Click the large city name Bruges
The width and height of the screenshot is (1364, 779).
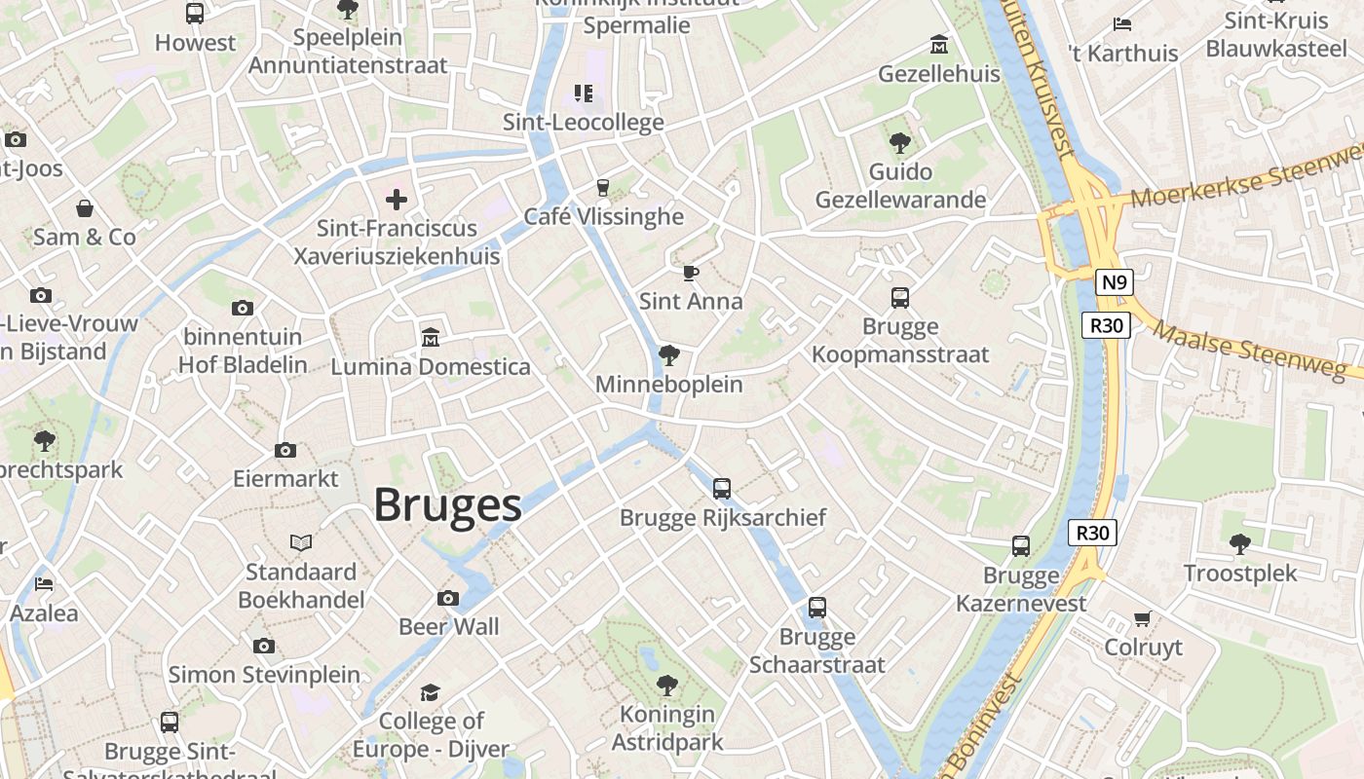point(447,505)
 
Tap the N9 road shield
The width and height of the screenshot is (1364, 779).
point(1114,283)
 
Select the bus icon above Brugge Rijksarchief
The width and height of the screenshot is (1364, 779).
point(722,488)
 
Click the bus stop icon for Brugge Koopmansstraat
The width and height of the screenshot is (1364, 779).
point(900,298)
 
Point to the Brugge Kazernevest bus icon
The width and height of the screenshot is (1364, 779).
point(1021,546)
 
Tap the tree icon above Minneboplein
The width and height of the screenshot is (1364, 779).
point(668,355)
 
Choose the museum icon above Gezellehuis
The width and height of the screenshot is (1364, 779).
point(939,45)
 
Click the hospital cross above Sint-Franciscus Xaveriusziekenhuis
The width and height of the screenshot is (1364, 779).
point(397,200)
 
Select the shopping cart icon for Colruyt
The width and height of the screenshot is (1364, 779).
point(1143,618)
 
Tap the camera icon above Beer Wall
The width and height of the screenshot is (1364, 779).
point(448,598)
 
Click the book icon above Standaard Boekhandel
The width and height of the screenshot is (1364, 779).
point(301,542)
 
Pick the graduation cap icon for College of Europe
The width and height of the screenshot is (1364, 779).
point(430,692)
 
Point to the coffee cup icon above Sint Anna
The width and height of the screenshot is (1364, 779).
point(691,273)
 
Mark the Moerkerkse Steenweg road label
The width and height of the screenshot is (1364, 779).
point(1247,181)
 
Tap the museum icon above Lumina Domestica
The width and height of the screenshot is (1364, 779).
point(430,337)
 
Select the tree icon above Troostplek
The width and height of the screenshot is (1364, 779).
point(1240,543)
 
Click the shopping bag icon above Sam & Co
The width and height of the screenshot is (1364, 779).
point(85,208)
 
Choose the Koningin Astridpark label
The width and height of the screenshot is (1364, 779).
point(667,728)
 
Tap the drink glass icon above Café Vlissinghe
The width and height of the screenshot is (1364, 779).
point(603,187)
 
